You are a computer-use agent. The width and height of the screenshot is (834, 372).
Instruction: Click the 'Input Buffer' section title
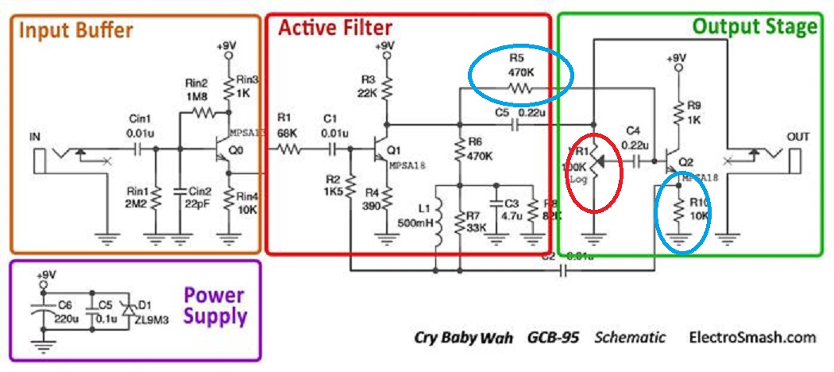click(x=75, y=32)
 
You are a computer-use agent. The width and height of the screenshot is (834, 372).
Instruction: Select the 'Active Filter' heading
click(x=334, y=29)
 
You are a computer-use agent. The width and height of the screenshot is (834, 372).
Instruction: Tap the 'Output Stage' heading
click(x=754, y=27)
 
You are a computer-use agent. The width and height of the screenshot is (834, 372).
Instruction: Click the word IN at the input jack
click(x=34, y=136)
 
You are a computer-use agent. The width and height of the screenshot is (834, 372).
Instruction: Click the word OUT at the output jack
click(x=797, y=136)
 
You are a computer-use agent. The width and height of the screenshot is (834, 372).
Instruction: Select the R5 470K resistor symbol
click(x=519, y=90)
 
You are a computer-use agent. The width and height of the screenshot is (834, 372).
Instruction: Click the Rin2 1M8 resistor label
click(x=196, y=90)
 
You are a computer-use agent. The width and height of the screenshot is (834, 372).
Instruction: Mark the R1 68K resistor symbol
click(x=289, y=149)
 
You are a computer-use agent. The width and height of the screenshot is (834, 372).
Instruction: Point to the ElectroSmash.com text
click(x=751, y=337)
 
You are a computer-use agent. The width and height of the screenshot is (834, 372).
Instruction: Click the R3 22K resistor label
click(x=368, y=86)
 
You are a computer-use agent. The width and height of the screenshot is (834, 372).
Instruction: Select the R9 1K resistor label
click(x=693, y=111)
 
